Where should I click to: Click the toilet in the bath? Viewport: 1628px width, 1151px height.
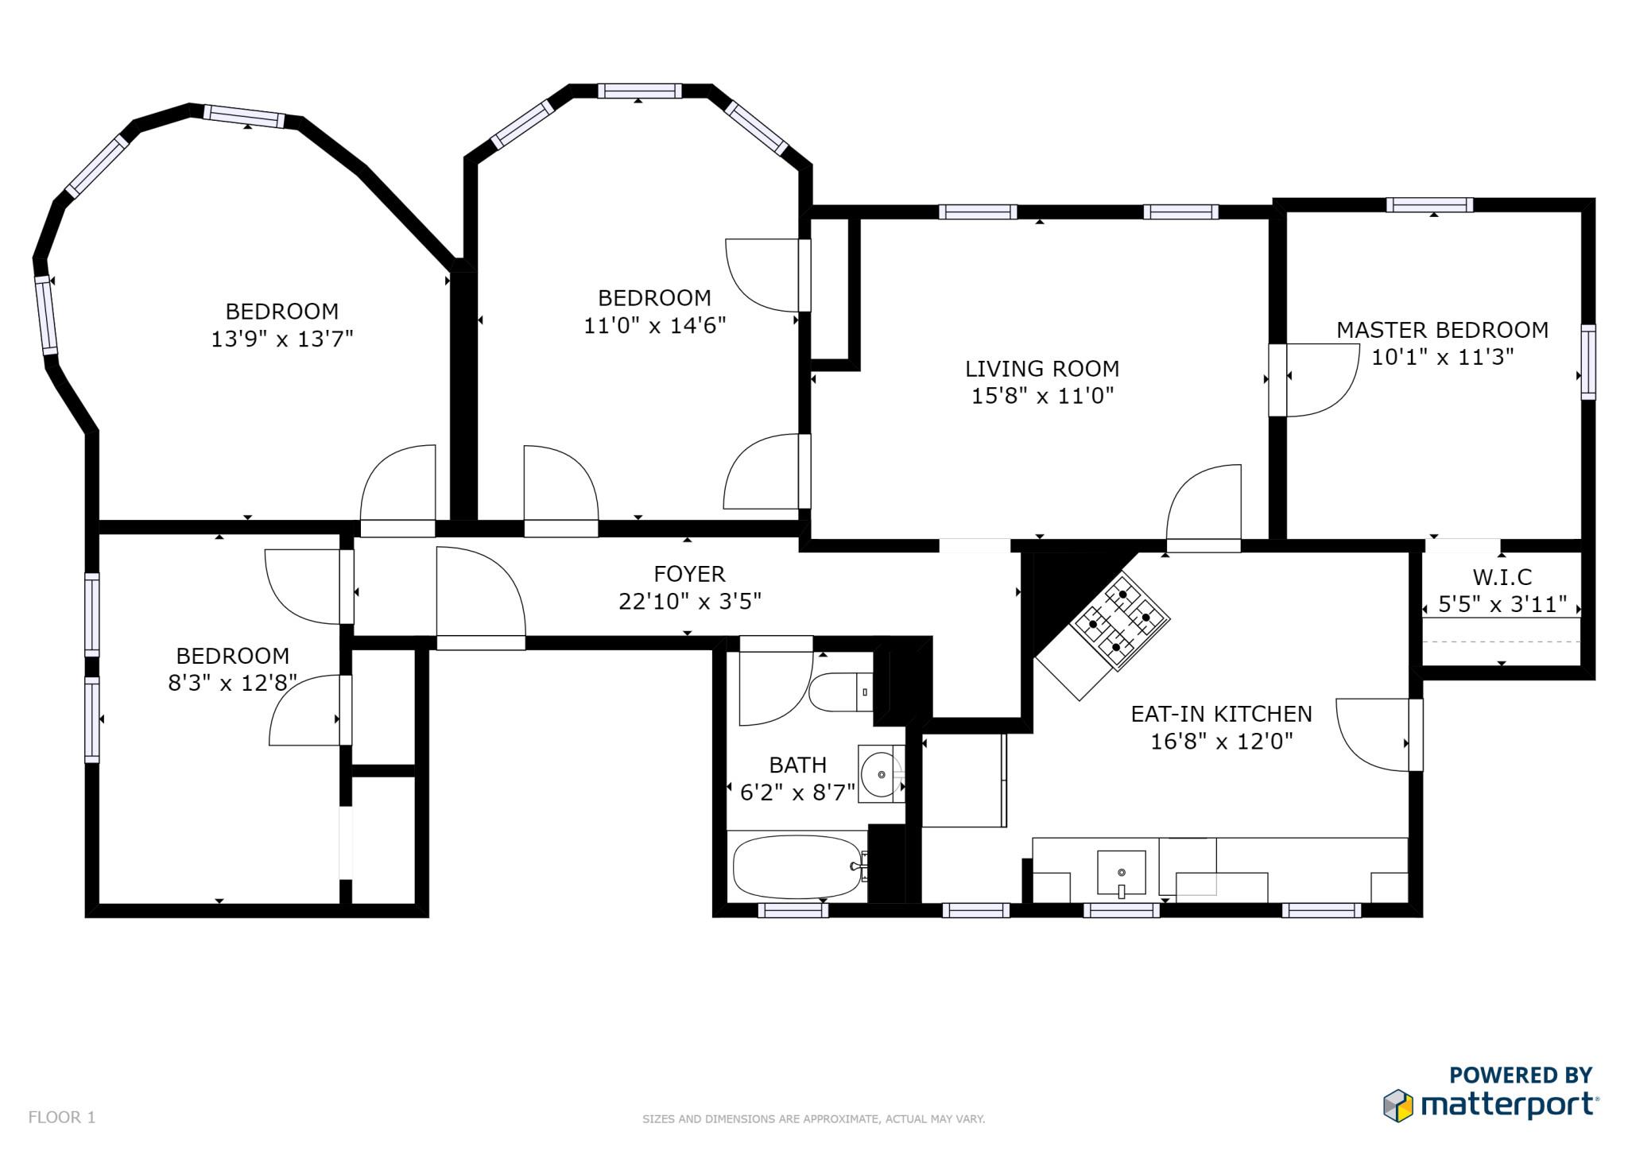[x=839, y=692]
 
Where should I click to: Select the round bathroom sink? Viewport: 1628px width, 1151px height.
[x=881, y=773]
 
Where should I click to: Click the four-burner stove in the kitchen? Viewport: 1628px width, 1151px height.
[x=1120, y=619]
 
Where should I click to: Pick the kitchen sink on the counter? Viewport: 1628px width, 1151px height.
[x=1121, y=872]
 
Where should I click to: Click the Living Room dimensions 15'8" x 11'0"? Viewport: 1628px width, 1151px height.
[x=1042, y=396]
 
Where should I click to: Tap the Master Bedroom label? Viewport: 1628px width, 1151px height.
[x=1442, y=330]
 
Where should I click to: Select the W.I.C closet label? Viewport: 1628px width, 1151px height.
[x=1502, y=577]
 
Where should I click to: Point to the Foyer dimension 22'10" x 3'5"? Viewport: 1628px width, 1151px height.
[x=689, y=602]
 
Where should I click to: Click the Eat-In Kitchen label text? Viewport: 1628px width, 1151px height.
[x=1221, y=714]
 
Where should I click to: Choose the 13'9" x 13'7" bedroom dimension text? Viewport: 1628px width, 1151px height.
[x=281, y=339]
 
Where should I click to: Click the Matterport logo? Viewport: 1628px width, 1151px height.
[x=1490, y=1106]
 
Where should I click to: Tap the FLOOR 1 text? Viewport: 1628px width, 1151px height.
[x=62, y=1118]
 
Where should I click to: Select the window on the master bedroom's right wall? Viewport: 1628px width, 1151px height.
[x=1587, y=362]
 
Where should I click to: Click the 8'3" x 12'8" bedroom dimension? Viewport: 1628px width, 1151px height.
[x=232, y=683]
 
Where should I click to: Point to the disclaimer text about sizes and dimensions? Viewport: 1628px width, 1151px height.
[x=813, y=1119]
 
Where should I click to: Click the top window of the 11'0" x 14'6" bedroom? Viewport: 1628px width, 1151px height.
[x=639, y=91]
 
